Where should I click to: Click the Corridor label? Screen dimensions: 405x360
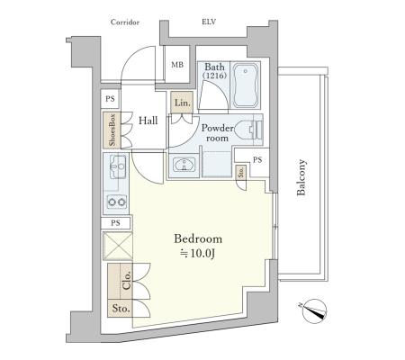coord(125,22)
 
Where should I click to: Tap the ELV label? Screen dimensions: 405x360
coord(209,22)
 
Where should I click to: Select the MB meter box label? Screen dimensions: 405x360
coord(177,65)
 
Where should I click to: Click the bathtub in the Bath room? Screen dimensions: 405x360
coord(246,85)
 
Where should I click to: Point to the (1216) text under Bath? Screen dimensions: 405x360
coord(215,76)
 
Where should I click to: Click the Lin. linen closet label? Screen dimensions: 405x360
coord(183,103)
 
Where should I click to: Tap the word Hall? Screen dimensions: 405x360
coord(148,121)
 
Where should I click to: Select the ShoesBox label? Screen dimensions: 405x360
coord(112,130)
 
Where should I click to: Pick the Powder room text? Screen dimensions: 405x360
coord(218,133)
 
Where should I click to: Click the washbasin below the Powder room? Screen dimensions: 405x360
coord(184,165)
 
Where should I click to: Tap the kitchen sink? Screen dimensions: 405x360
coord(118,166)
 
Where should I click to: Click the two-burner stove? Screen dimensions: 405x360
coord(117,202)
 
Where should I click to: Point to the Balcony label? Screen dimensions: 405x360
coord(301,177)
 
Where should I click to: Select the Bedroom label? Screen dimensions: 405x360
coord(198,239)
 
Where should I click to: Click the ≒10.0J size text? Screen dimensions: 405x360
coord(197,254)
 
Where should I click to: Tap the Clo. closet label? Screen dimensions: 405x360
coord(127,280)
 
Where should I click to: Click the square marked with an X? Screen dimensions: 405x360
coord(118,246)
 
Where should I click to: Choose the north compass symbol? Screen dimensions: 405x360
coord(314,311)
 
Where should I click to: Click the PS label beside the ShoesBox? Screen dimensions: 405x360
coord(110,99)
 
